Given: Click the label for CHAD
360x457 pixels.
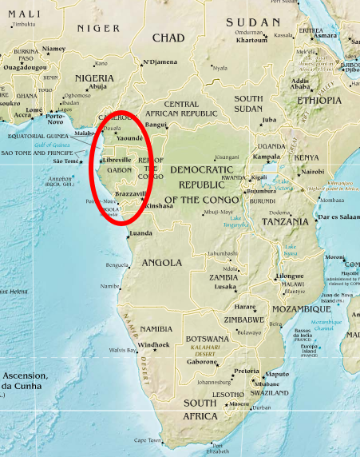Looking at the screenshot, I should click(168, 38).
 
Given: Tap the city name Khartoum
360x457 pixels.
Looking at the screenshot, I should click(251, 40).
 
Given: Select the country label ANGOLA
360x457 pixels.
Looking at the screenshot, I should click(162, 262).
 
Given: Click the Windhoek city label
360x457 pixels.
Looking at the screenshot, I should click(153, 344).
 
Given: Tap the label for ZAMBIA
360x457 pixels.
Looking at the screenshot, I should click(224, 277).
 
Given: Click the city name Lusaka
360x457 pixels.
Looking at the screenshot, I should click(225, 286).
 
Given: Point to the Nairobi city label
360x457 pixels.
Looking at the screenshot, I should click(312, 171).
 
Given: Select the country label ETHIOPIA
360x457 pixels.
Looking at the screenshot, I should click(318, 101).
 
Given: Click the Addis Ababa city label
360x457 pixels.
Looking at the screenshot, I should click(301, 85).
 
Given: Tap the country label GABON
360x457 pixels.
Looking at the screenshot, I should click(120, 170).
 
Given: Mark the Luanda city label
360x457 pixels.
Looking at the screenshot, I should click(140, 233).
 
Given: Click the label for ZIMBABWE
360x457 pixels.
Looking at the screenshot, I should click(243, 318).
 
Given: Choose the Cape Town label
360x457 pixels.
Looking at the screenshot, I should click(147, 440).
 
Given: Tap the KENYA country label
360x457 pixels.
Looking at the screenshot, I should click(306, 157).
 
